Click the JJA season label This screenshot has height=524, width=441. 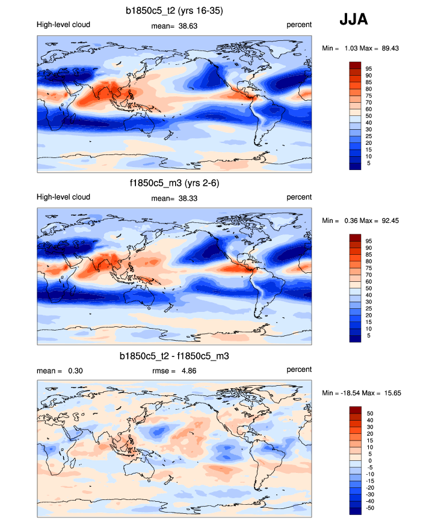354,20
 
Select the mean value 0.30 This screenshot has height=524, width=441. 75,371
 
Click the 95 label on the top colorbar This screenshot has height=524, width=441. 369,69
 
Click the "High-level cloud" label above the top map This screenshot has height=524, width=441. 64,25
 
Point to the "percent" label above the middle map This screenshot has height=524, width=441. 299,197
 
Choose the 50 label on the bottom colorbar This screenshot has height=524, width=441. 369,414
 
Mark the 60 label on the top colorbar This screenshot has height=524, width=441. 369,109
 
